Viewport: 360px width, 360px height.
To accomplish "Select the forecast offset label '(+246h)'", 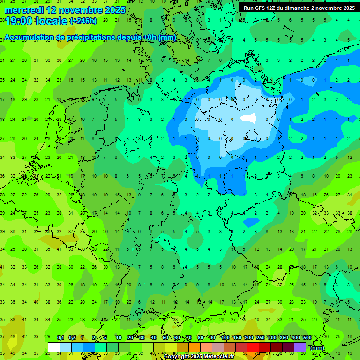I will (x=83, y=21).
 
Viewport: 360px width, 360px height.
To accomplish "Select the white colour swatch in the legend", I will (x=54, y=347).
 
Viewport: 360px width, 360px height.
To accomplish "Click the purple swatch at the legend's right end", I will (x=300, y=347).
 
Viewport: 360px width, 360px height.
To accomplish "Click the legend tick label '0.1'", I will (x=60, y=337).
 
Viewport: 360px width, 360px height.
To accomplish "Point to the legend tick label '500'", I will (x=307, y=337).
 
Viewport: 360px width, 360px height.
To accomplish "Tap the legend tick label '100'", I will (x=225, y=337).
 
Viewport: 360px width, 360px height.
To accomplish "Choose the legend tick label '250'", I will (x=260, y=337).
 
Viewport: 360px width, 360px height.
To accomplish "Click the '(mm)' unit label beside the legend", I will (x=317, y=348).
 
